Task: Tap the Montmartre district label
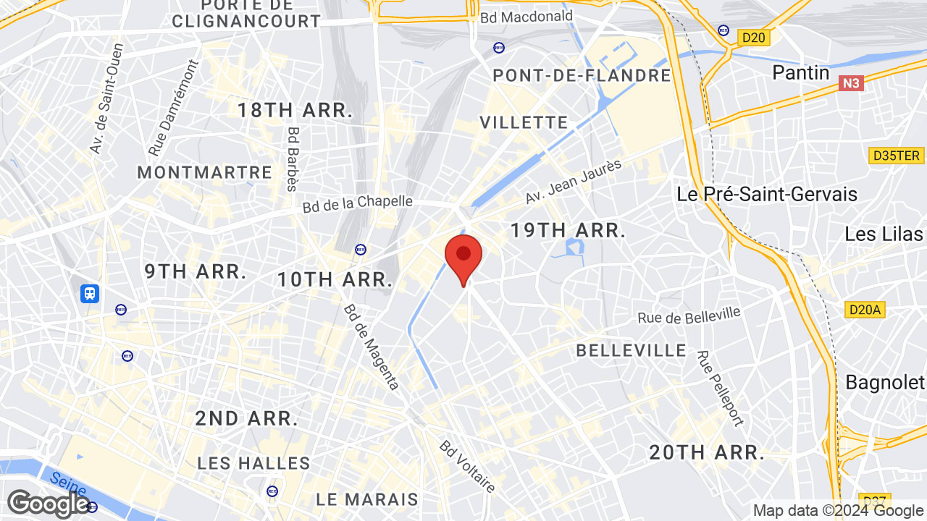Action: click(x=205, y=172)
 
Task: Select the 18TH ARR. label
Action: click(x=295, y=110)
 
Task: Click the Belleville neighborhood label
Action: click(x=631, y=351)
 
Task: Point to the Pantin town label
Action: click(x=800, y=72)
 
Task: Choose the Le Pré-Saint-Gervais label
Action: click(x=767, y=194)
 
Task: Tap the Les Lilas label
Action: click(x=884, y=234)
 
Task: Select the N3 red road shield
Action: click(x=852, y=84)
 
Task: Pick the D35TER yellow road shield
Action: click(x=896, y=156)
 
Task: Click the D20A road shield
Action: click(x=865, y=310)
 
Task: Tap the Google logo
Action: click(x=48, y=504)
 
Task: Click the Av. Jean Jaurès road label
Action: click(x=574, y=182)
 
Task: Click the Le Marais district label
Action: click(x=367, y=499)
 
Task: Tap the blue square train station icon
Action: click(x=90, y=293)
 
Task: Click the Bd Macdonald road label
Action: click(x=527, y=16)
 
